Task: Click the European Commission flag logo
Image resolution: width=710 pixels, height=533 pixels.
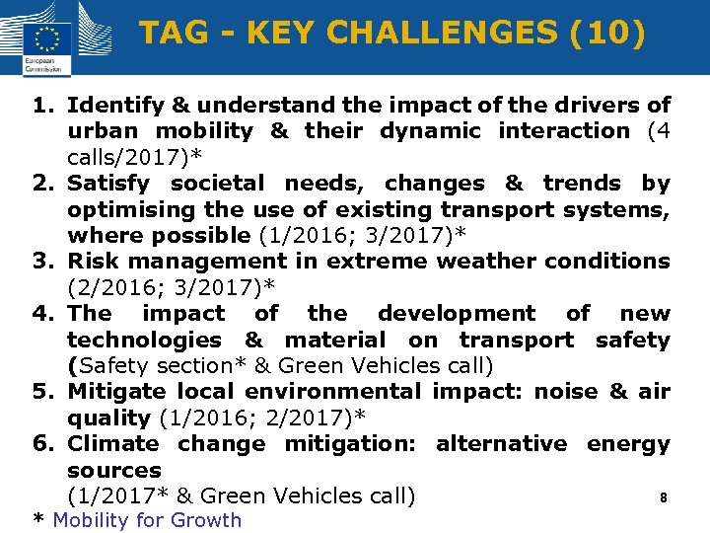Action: (45, 39)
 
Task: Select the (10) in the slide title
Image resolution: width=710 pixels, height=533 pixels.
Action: (606, 34)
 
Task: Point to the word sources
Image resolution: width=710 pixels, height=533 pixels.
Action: (113, 470)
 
